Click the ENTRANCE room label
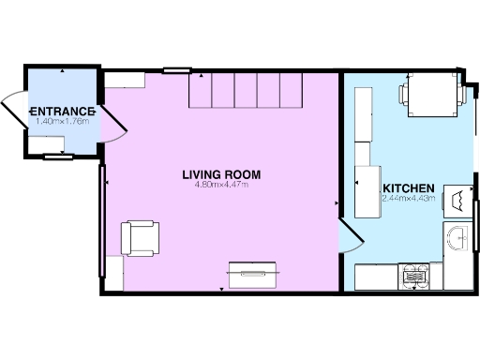(x=62, y=111)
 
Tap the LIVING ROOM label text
(x=221, y=174)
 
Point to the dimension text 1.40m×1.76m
(x=62, y=121)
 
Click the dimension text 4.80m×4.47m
(x=221, y=185)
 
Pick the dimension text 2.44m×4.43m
(x=409, y=198)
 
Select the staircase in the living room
(x=247, y=91)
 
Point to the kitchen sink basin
(x=458, y=239)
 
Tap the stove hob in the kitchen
(x=414, y=275)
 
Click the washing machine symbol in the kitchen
(x=457, y=199)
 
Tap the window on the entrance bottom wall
(x=57, y=157)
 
